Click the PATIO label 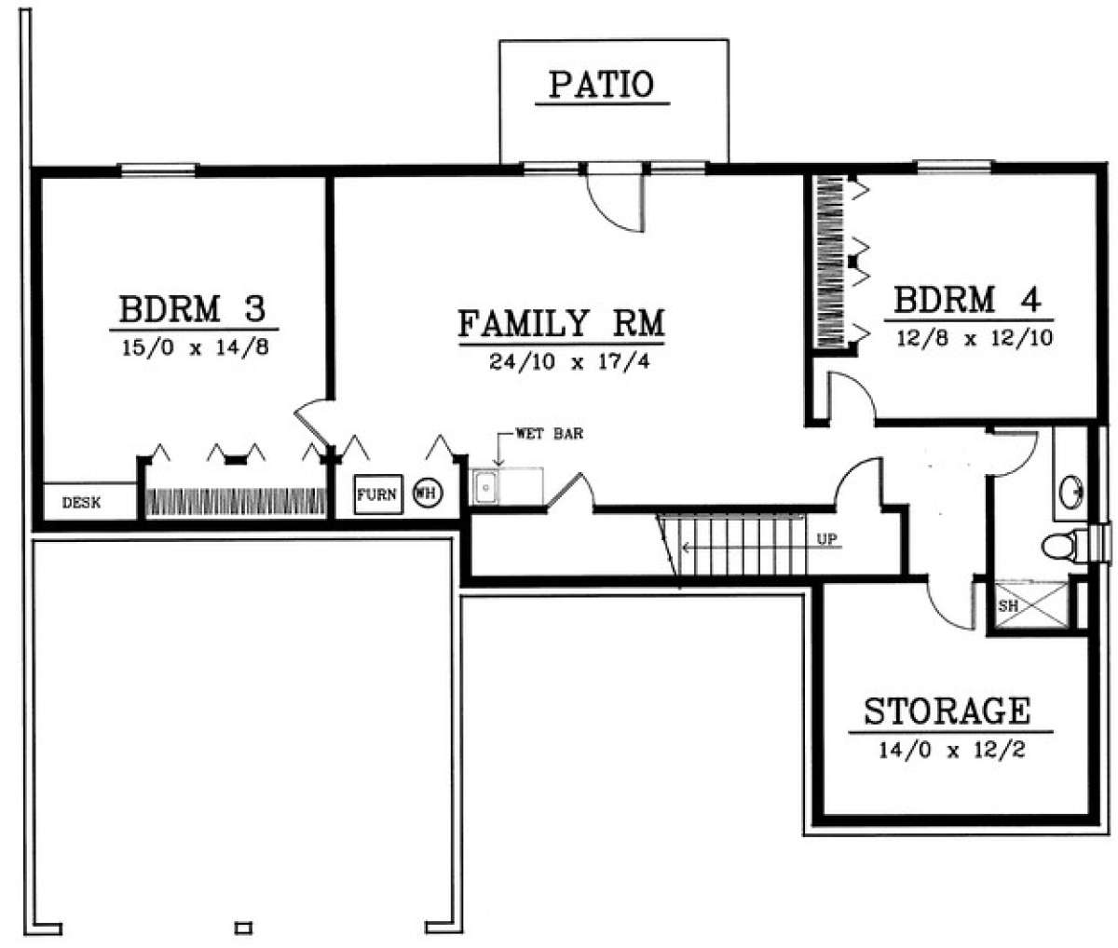(x=602, y=85)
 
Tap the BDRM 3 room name (x=193, y=309)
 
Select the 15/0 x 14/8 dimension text (x=195, y=347)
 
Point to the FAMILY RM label (x=562, y=323)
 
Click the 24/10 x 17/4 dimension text (x=569, y=361)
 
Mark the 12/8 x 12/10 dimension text (x=975, y=339)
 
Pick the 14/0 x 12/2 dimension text (x=952, y=750)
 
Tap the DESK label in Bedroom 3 (x=82, y=503)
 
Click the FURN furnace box (x=378, y=494)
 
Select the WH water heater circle (x=428, y=493)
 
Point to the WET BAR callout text (x=550, y=434)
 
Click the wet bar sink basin (x=486, y=487)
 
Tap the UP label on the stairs (x=826, y=538)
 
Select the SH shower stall (x=1032, y=605)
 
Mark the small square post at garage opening (x=243, y=928)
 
